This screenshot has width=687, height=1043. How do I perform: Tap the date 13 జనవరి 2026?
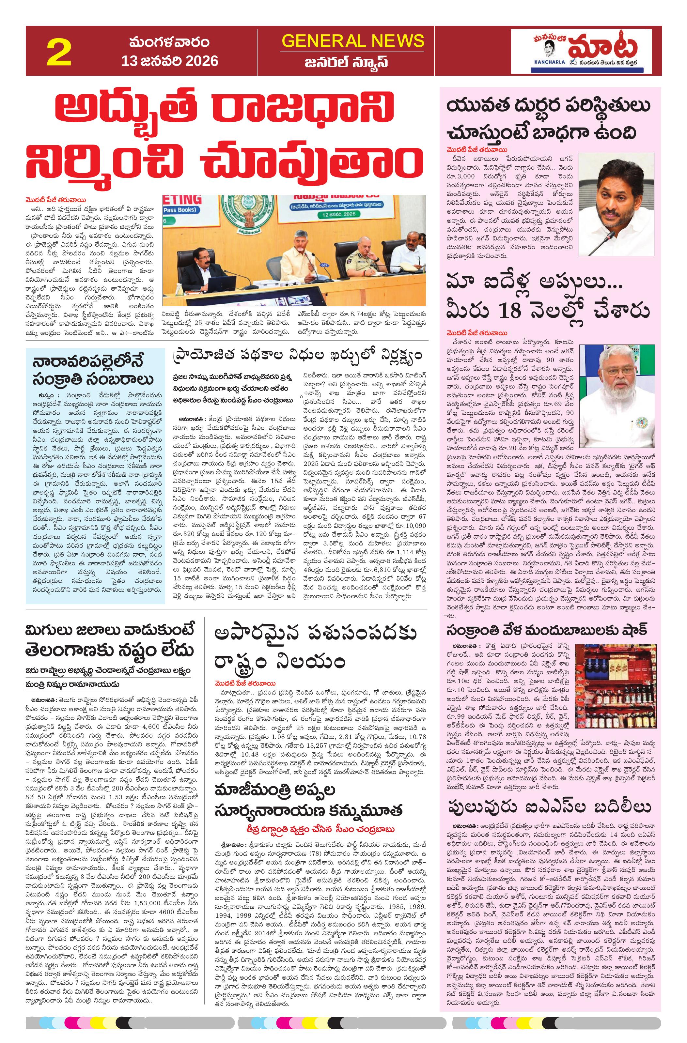[170, 60]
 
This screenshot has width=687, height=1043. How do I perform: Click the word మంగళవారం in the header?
[169, 43]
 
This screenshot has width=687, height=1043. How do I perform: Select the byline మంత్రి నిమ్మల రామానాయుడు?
[72, 684]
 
